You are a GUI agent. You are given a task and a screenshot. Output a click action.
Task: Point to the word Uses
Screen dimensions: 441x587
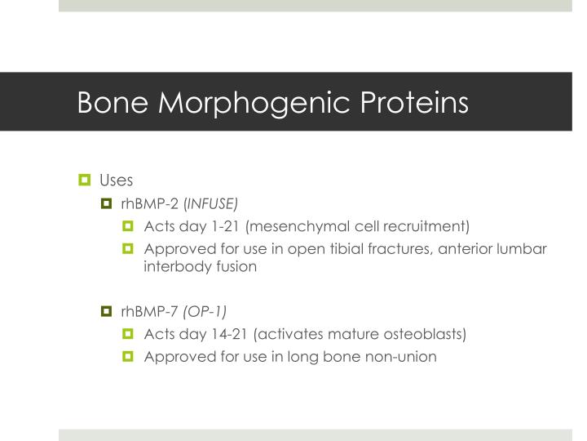click(x=115, y=179)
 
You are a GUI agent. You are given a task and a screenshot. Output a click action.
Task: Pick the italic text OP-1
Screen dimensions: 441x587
click(x=204, y=311)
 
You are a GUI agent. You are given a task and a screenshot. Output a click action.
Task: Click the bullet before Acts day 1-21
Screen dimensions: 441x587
click(x=128, y=225)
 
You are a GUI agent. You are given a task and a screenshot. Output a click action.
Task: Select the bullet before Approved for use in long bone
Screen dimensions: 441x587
click(x=128, y=357)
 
